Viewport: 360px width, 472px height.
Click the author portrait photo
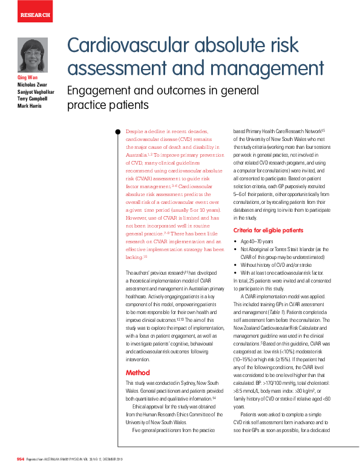(x=33, y=56)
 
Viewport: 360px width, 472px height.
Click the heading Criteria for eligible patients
(x=270, y=230)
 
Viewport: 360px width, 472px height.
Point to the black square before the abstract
(x=118, y=131)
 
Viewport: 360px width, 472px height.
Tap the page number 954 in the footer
(x=21, y=460)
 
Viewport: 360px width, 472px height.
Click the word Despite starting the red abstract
(x=136, y=131)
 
